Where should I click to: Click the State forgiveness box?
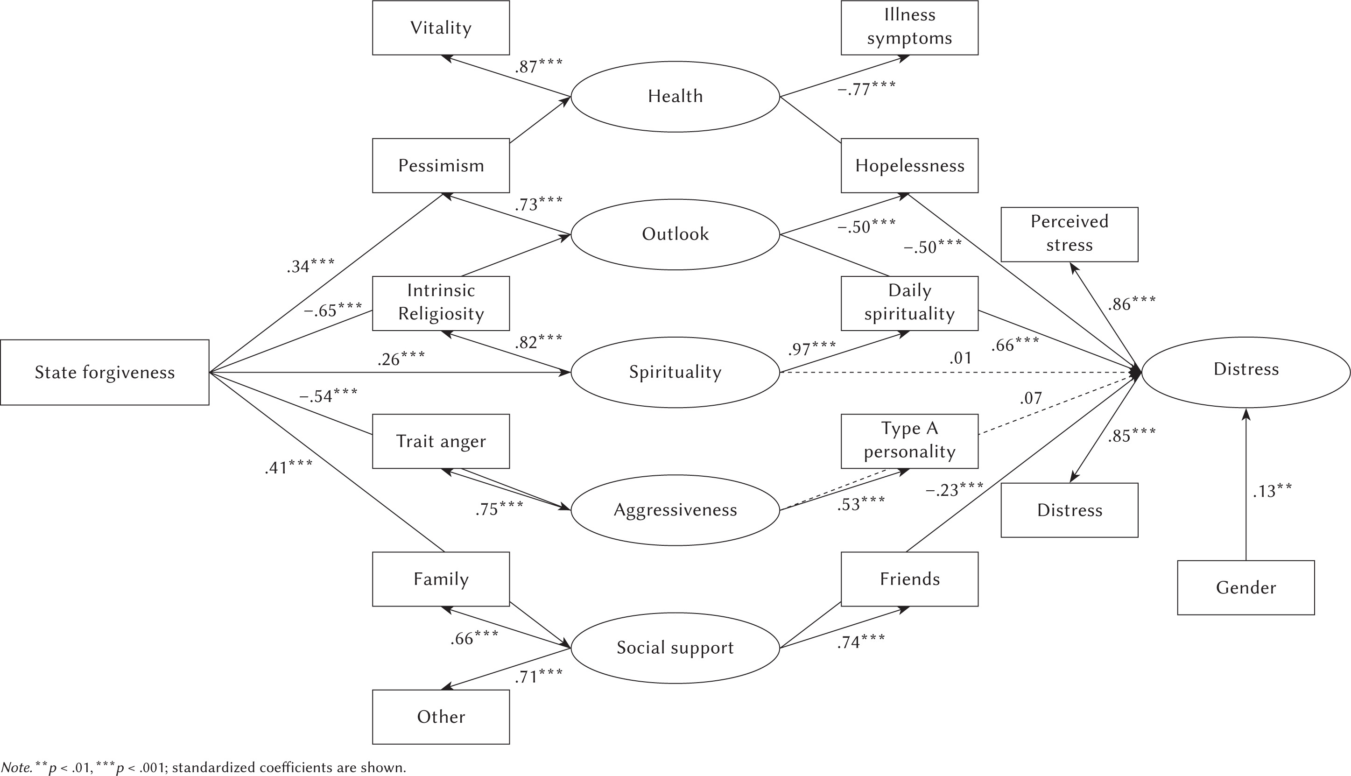coord(105,372)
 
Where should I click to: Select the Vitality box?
coord(441,28)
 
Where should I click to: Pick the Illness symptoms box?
coord(909,28)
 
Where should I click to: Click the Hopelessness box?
coord(909,166)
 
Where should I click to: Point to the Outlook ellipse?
coord(675,234)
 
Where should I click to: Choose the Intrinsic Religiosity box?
coord(441,303)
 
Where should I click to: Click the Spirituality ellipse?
coord(675,372)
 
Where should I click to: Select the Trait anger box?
coord(441,441)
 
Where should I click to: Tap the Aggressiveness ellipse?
coord(675,510)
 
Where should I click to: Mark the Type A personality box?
coord(909,441)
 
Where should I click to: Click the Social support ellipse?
coord(675,648)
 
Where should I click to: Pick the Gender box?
coord(1245,587)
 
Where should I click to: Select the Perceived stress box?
coord(1069,234)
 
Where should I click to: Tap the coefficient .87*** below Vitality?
coord(538,67)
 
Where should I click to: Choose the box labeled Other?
coord(441,717)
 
